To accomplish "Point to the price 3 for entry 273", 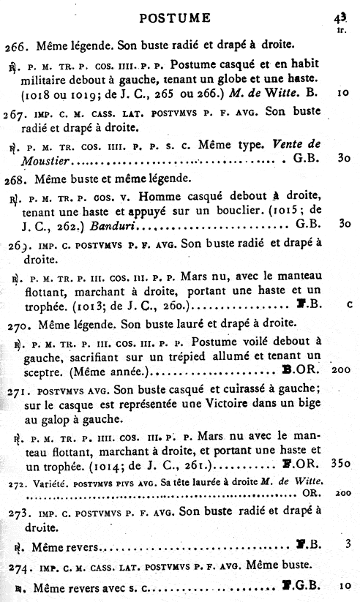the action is coord(349,546).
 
